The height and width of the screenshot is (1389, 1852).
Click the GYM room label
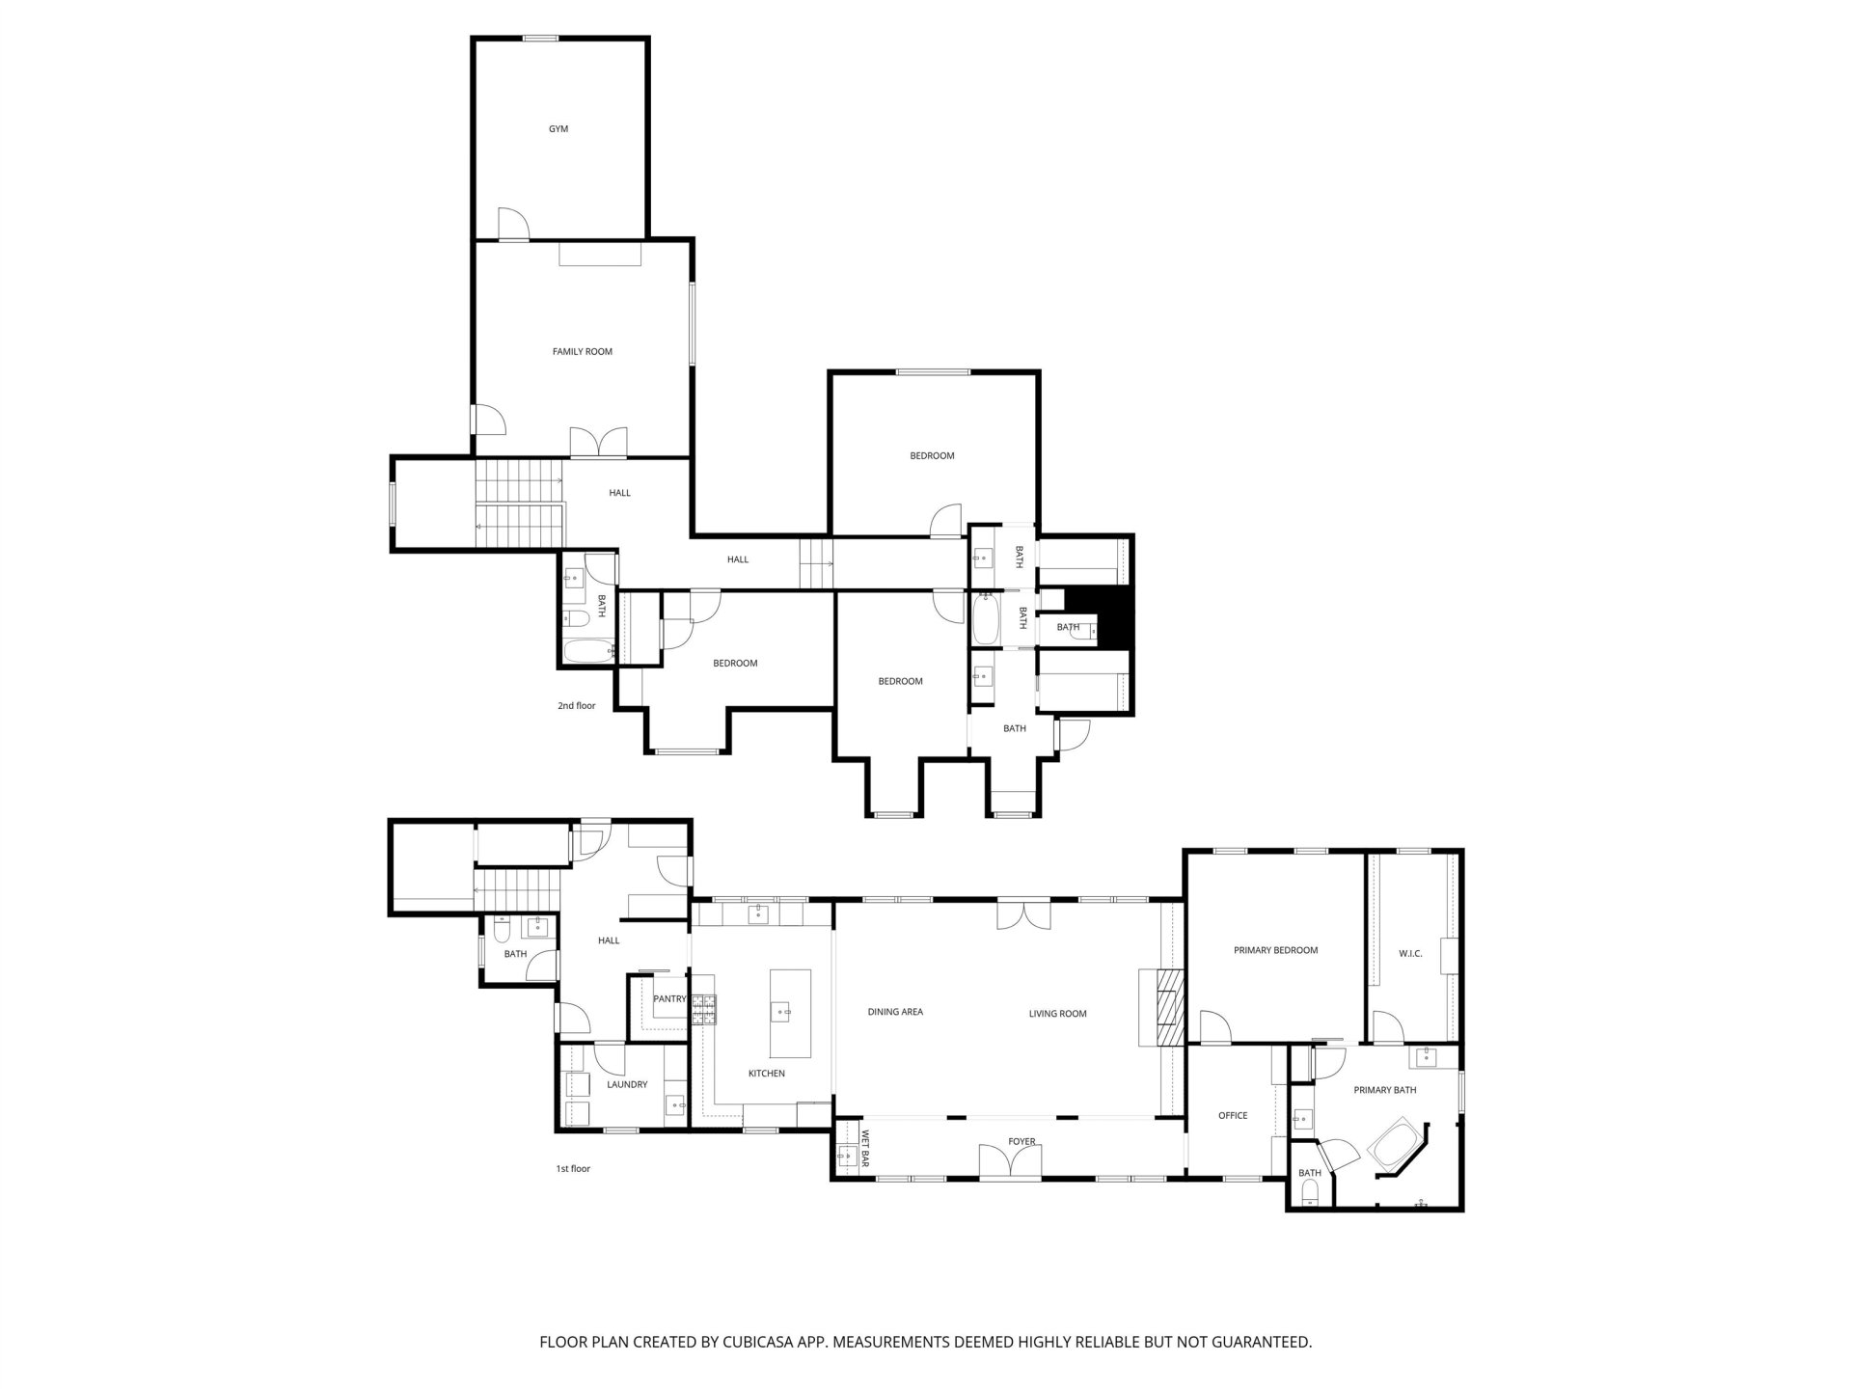tap(558, 129)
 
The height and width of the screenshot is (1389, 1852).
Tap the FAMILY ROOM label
tap(583, 352)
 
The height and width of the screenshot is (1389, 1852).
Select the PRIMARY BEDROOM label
tap(1275, 950)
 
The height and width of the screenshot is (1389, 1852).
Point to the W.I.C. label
tap(1410, 954)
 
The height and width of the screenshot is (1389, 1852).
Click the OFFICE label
tap(1233, 1116)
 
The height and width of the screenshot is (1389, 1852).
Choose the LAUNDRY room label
tap(627, 1085)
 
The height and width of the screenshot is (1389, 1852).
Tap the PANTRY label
tap(669, 999)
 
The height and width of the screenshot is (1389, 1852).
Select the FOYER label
tap(1021, 1142)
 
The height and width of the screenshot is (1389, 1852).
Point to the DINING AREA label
tap(895, 1012)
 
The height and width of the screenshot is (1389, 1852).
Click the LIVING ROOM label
tap(1057, 1014)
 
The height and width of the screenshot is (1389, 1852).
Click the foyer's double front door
tap(1010, 1160)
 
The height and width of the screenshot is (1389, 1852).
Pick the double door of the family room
tap(599, 442)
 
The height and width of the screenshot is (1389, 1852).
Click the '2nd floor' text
tap(576, 706)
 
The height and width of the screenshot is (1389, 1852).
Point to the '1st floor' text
tap(573, 1169)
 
